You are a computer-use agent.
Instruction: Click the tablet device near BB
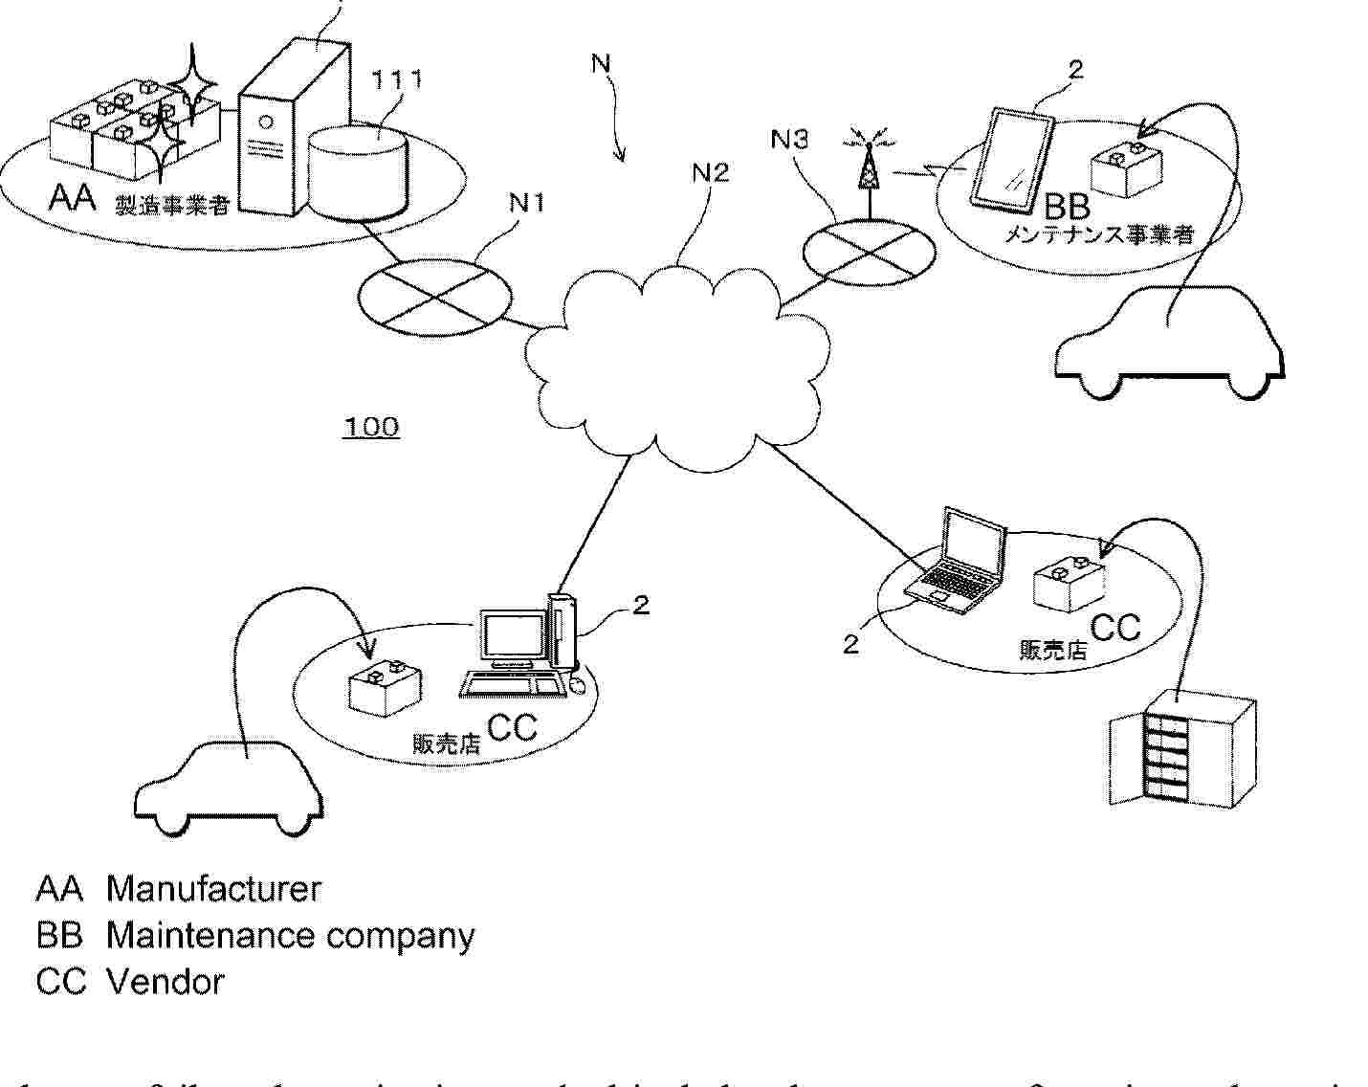1011,160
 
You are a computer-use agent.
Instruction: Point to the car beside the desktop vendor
229,786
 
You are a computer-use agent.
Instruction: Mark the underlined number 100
371,427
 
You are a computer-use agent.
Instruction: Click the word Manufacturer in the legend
213,889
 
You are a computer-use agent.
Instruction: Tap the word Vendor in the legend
165,982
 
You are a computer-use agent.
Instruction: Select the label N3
789,140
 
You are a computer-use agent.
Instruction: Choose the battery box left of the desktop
382,687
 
